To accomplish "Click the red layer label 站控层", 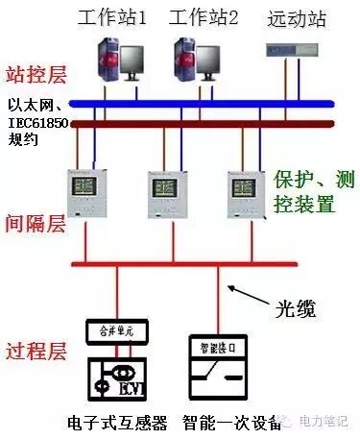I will coord(31,74).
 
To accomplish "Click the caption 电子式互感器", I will coord(117,423).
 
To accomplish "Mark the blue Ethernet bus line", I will coord(182,104).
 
